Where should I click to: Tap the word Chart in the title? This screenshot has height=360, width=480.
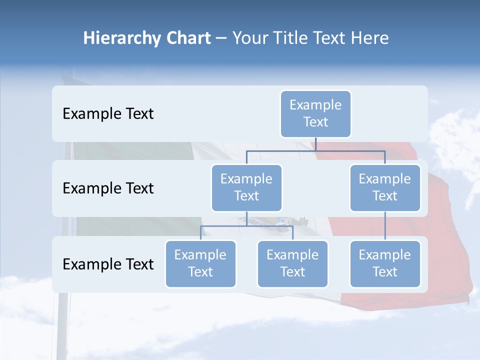(x=186, y=38)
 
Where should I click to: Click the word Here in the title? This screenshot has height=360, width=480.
(x=369, y=38)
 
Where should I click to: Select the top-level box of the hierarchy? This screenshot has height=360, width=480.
(x=315, y=113)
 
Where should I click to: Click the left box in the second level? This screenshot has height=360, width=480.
(x=246, y=187)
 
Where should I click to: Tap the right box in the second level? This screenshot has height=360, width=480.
(x=385, y=187)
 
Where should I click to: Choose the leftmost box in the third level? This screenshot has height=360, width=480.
(x=200, y=263)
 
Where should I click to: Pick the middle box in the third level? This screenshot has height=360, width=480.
(x=292, y=263)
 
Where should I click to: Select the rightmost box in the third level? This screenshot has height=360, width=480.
(x=385, y=263)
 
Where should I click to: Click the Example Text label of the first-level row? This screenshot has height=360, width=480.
(x=108, y=114)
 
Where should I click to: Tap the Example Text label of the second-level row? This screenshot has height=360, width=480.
(x=108, y=188)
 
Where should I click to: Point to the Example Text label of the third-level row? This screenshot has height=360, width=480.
(x=108, y=264)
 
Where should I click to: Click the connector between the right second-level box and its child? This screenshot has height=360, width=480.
(x=385, y=225)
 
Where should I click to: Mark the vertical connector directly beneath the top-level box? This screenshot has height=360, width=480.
(x=315, y=144)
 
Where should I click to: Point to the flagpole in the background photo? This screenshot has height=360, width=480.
(x=62, y=325)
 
